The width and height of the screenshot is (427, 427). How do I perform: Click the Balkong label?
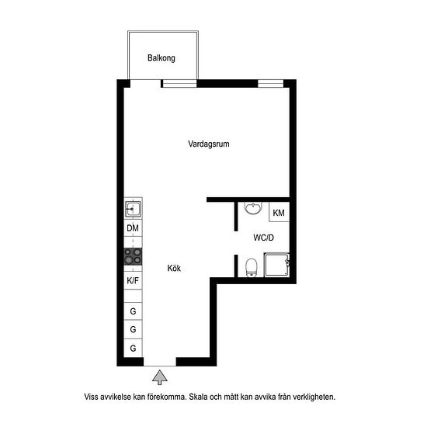point(161,58)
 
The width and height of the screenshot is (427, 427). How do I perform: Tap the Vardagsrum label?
point(209,144)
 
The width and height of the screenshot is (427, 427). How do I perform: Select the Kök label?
point(174,269)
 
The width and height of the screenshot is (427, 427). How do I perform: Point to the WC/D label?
point(264,238)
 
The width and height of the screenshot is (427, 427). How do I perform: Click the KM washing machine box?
point(279,212)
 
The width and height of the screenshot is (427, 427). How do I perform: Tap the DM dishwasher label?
point(133,228)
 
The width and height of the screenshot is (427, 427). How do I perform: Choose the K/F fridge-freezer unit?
point(134,280)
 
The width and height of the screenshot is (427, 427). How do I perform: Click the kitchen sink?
point(134,209)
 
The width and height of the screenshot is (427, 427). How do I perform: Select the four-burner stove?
point(134,256)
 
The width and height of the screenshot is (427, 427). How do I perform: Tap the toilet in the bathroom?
point(252,267)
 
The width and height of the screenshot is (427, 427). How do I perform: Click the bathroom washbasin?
point(253,208)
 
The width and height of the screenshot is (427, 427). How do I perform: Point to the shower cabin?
point(276,265)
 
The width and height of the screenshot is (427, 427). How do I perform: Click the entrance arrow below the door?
point(160,377)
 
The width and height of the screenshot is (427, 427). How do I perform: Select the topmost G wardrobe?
point(134,311)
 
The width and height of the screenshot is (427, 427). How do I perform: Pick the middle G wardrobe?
point(134,329)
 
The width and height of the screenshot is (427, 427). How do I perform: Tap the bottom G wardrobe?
point(134,348)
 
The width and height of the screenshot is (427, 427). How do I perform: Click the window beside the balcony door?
point(179,83)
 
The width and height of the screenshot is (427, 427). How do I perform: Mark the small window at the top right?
point(271,83)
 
